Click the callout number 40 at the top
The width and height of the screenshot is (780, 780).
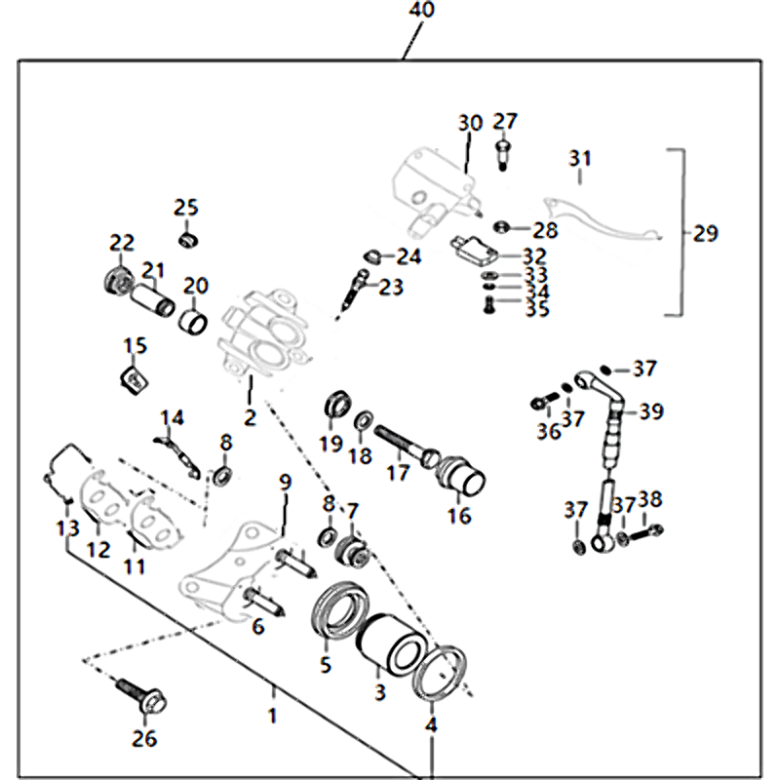[x=422, y=12]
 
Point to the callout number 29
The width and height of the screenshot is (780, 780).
[x=705, y=234]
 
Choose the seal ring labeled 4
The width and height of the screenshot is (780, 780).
[x=442, y=672]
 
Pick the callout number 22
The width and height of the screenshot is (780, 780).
[x=121, y=243]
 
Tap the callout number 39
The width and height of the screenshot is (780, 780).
[x=651, y=411]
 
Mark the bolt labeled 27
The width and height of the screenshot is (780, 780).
[x=504, y=151]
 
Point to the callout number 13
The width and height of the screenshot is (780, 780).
[x=66, y=527]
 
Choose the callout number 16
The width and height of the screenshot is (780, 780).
[x=458, y=516]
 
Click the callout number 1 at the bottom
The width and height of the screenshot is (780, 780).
[x=272, y=716]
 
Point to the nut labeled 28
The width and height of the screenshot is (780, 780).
[x=501, y=228]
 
